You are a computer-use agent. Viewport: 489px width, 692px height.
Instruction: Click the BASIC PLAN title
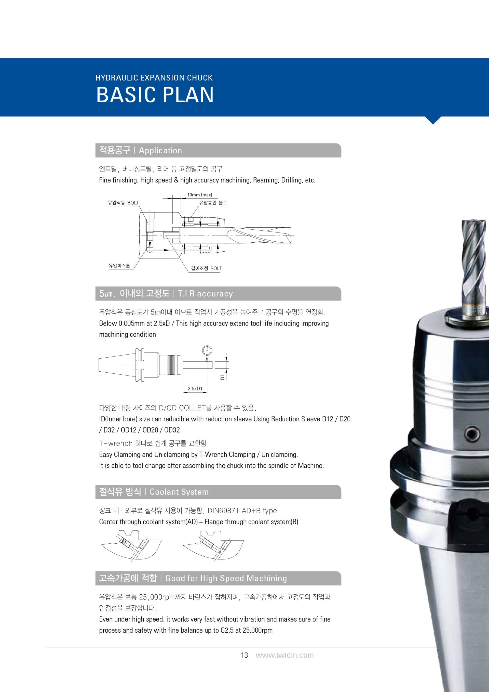coord(155,95)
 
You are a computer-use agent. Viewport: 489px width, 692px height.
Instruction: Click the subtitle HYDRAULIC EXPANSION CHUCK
coord(154,78)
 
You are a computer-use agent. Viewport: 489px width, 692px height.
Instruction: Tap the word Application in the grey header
coord(160,150)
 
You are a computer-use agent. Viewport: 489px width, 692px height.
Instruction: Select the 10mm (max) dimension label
coord(200,195)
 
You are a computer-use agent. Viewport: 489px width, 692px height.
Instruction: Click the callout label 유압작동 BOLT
coord(124,203)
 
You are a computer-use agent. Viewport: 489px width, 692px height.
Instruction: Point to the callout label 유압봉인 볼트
coord(213,203)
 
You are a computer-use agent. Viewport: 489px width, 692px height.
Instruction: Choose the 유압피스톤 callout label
coord(119,266)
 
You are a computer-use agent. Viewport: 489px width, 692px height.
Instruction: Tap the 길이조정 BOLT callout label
coord(207,268)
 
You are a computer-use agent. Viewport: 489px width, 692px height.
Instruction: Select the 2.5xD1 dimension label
coord(195,388)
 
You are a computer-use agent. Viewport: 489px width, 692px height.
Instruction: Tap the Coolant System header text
coord(179,492)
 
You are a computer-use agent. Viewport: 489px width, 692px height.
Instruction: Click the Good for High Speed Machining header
coord(226,578)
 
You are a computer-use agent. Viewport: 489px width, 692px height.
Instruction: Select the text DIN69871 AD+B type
coord(242,511)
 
